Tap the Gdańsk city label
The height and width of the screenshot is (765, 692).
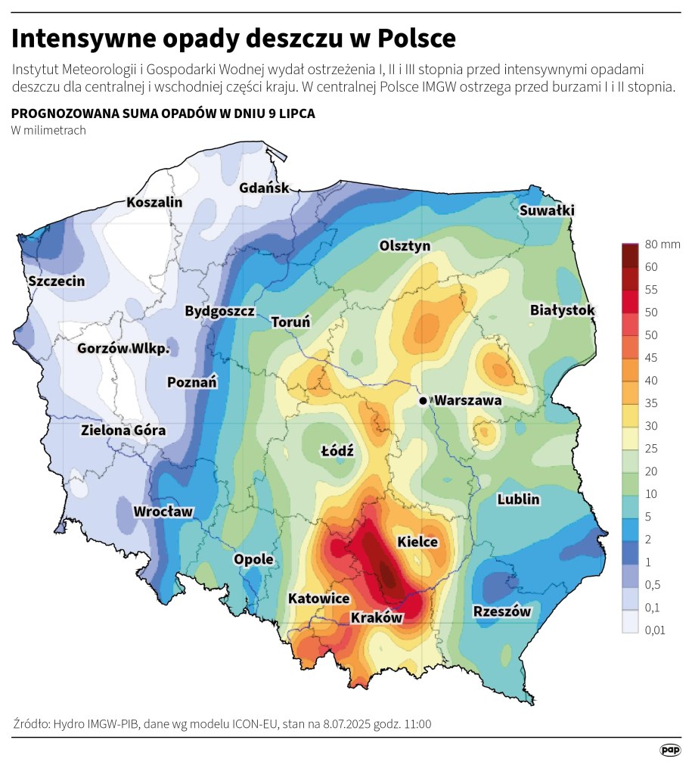coord(264,188)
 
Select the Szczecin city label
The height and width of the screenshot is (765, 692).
coord(57,281)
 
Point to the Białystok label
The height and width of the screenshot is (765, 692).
coord(563,310)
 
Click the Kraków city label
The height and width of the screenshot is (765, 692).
coord(377,617)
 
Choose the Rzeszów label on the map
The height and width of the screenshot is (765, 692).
coord(502,611)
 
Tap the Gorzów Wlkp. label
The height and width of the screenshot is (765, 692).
coord(123,349)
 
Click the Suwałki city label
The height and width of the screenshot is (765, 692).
coord(548,210)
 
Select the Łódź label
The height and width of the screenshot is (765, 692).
coord(337,450)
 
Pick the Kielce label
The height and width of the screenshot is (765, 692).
coord(417,542)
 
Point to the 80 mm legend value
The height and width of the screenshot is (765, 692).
coord(663,244)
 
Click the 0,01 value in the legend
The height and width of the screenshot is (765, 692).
coord(655,630)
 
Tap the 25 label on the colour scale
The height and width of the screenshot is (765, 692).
coord(651,449)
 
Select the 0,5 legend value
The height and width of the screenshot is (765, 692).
coord(653,584)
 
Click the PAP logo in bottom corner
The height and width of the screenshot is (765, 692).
coord(670,749)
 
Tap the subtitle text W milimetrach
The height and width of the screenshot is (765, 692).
coord(48,130)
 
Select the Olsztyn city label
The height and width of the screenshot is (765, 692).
coord(405,246)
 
